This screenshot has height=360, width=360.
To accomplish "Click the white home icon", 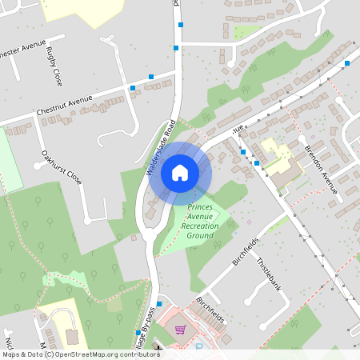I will [x=179, y=173].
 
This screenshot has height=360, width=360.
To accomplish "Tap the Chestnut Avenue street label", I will [x=64, y=105].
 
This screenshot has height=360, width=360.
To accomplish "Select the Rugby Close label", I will [x=54, y=67].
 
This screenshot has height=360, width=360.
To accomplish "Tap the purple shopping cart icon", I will [x=180, y=329].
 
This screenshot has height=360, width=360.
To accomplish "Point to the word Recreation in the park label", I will [x=200, y=226].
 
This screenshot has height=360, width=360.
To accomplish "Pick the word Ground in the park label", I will [x=200, y=236].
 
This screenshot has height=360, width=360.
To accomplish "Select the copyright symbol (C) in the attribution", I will [x=50, y=354].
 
